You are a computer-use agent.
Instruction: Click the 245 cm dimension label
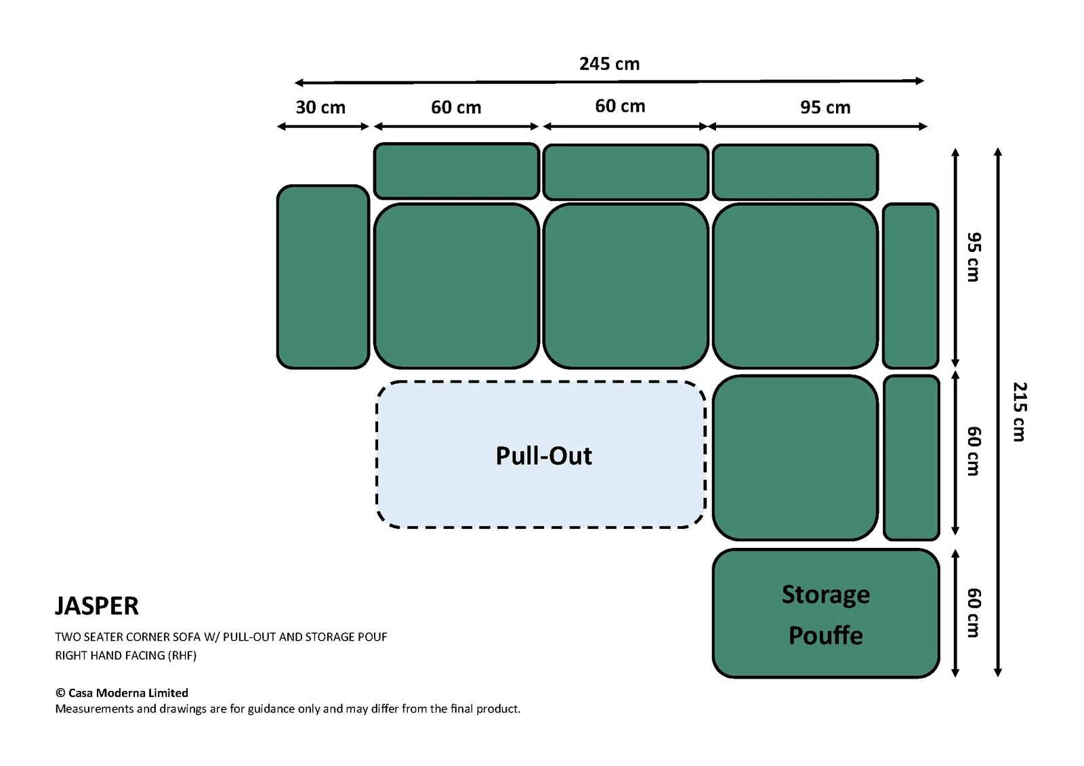coord(609,64)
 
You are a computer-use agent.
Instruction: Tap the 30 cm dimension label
coord(320,108)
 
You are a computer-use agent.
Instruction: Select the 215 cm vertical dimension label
coord(1020,412)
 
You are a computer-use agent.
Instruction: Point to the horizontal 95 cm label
coord(825,108)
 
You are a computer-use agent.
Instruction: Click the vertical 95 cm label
coord(974,257)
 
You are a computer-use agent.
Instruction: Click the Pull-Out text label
coord(543,456)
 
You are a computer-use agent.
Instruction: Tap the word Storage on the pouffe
coord(826,595)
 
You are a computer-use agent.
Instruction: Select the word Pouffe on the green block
coord(826,635)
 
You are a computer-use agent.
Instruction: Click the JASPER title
coord(97,606)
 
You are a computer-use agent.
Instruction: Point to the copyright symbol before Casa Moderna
coord(60,693)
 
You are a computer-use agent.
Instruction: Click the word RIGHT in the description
coord(70,656)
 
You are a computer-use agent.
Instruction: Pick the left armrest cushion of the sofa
coord(322,277)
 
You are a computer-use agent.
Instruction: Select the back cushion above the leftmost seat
coord(457,171)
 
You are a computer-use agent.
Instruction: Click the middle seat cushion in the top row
coord(626,286)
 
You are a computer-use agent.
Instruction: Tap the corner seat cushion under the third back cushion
coord(795,286)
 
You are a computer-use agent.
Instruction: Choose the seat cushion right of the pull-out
coord(795,458)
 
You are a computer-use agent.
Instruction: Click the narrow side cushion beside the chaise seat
coord(911,458)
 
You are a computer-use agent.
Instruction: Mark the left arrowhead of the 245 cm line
coord(299,83)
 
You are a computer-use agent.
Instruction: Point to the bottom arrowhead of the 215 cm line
coord(997,673)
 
